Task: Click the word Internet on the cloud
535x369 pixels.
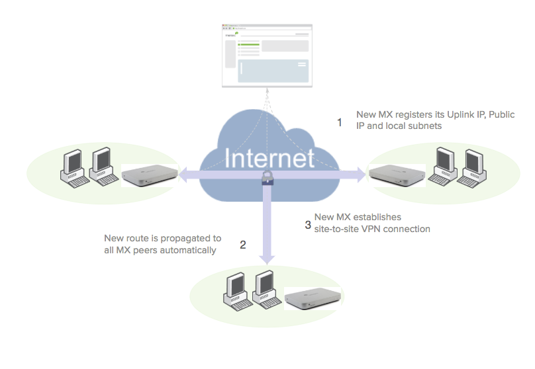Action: [x=269, y=159]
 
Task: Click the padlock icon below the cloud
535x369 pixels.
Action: [x=266, y=177]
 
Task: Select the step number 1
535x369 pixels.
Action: [x=340, y=122]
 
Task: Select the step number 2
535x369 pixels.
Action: [x=243, y=245]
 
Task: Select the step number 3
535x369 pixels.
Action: [x=308, y=224]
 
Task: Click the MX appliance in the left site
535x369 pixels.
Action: [x=149, y=175]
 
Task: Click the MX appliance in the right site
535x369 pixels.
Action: [x=396, y=174]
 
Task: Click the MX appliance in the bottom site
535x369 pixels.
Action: [x=314, y=299]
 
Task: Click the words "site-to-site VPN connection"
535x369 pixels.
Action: [x=372, y=229]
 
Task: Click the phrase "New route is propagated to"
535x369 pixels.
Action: [x=163, y=238]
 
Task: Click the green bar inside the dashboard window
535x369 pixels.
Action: [x=249, y=44]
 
